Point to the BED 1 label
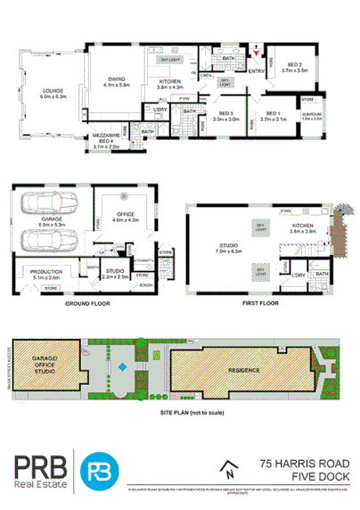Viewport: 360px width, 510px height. [x=274, y=115]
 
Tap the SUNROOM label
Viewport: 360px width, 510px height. [x=313, y=115]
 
